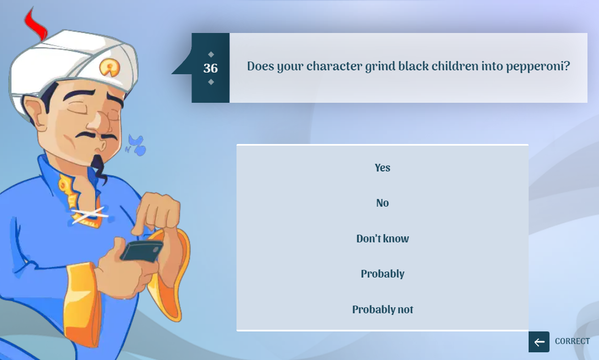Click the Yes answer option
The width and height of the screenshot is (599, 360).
[382, 168]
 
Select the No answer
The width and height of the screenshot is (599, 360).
[382, 203]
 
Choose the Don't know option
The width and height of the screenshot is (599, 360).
[382, 239]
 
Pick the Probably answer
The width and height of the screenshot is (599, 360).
[382, 274]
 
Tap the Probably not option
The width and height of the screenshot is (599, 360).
[382, 309]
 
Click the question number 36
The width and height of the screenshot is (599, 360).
[211, 68]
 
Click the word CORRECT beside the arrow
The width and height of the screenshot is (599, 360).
[572, 341]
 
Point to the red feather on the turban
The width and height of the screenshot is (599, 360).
[36, 24]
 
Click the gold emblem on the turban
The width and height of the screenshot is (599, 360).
[109, 67]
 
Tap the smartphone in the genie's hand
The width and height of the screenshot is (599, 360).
[142, 251]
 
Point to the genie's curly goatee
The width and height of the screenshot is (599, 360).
[98, 168]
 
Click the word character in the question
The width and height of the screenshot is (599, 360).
[334, 66]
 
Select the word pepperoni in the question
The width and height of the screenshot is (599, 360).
[538, 67]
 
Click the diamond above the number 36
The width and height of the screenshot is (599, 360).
[211, 54]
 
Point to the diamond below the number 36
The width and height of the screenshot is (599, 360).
[211, 82]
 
